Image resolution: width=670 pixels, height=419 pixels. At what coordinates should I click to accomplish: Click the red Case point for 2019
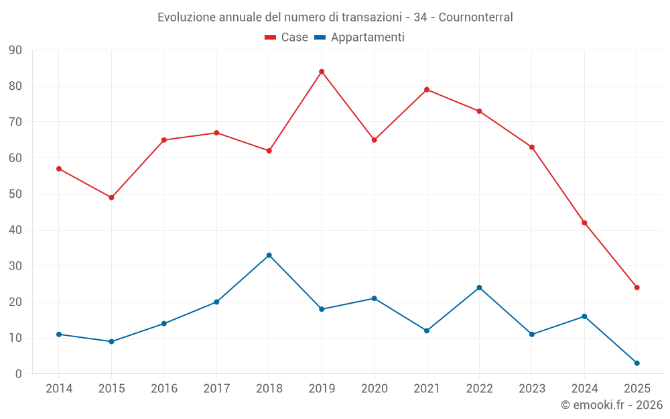[x=322, y=72]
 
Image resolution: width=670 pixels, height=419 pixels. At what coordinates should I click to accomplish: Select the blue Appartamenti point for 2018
[x=269, y=255]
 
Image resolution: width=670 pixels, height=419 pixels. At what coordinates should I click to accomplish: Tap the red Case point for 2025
[x=636, y=288]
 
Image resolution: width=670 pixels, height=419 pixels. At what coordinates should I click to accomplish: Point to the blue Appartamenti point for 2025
[x=636, y=363]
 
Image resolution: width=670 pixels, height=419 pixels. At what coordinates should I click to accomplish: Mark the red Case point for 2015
[x=111, y=198]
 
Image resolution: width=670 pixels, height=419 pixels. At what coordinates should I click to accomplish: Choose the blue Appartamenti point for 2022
[x=479, y=288]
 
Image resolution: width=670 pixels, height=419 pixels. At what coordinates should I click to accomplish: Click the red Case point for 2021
[x=427, y=90]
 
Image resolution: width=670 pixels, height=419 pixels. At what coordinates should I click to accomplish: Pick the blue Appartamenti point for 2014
[x=59, y=335]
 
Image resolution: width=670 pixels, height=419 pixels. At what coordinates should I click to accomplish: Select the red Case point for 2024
[x=584, y=223]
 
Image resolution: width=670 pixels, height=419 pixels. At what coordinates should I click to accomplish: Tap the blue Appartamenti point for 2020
[x=374, y=298]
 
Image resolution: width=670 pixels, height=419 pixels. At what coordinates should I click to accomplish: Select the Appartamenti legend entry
[x=360, y=38]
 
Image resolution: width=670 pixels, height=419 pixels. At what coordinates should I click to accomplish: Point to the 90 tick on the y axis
[x=15, y=50]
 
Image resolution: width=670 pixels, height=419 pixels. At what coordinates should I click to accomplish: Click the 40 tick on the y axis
[x=15, y=230]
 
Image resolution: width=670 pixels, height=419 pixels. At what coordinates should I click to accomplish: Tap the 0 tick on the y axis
[x=18, y=374]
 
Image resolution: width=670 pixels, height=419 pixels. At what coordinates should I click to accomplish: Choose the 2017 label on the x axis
[x=216, y=389]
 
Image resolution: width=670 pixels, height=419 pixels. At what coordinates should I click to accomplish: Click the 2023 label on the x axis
[x=532, y=389]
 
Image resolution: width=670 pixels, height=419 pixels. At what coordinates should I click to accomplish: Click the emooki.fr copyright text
[x=611, y=405]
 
